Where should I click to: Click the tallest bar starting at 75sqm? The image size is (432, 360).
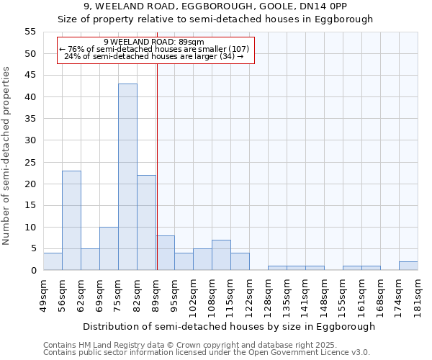click(x=127, y=177)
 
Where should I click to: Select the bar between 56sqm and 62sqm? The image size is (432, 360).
click(x=71, y=220)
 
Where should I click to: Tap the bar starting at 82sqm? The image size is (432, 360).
click(x=146, y=222)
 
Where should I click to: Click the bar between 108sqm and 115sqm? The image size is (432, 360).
click(x=221, y=255)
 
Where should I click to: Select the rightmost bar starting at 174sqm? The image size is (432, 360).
click(x=408, y=266)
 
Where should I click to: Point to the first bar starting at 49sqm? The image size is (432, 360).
click(x=53, y=261)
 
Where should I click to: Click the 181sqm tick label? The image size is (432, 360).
click(x=418, y=294)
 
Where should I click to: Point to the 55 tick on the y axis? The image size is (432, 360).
click(x=30, y=32)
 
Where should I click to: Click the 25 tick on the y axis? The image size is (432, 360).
click(x=30, y=162)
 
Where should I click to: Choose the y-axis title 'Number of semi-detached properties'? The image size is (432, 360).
click(x=7, y=156)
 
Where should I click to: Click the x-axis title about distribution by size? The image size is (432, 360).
click(x=229, y=326)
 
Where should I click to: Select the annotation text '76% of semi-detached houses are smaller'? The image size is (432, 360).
click(x=154, y=49)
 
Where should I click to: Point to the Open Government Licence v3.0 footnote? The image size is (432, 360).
click(x=206, y=353)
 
